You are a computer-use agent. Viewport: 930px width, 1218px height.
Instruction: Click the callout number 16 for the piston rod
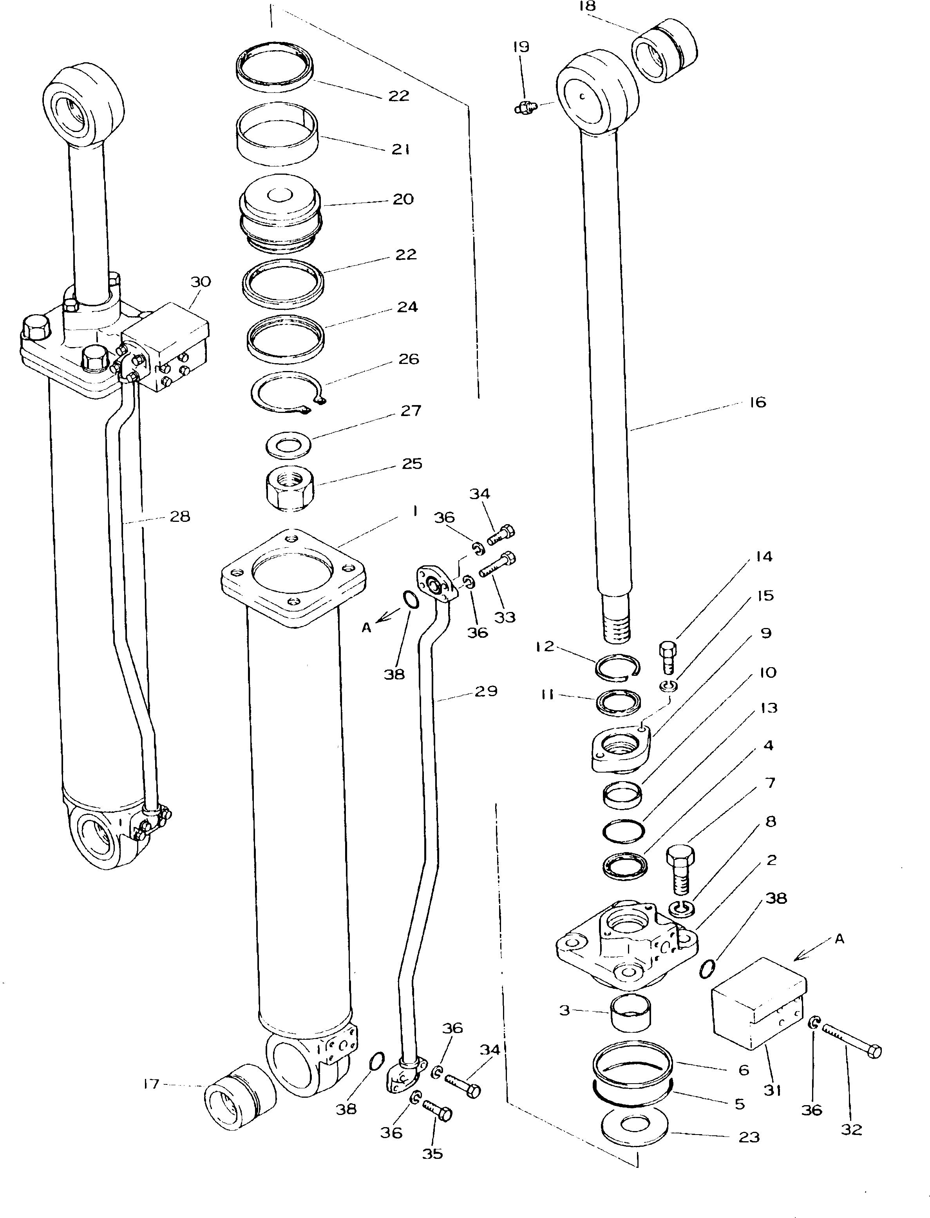[757, 402]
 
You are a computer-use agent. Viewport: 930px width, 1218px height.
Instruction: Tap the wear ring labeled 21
[277, 134]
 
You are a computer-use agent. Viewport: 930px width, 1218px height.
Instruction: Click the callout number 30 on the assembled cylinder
[201, 282]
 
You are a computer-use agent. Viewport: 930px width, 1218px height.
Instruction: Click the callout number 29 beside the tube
[486, 691]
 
